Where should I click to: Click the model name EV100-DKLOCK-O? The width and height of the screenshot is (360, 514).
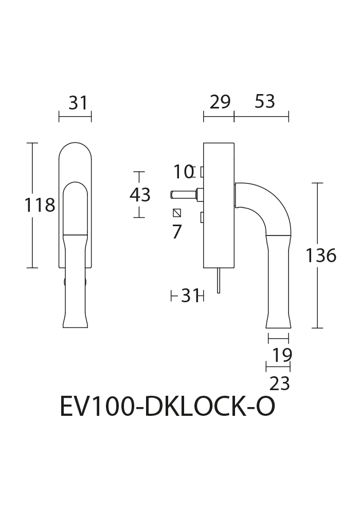(167, 407)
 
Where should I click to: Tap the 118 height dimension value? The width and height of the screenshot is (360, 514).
(40, 206)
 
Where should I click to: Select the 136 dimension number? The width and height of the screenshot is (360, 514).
(320, 255)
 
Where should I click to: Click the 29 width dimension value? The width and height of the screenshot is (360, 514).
(220, 102)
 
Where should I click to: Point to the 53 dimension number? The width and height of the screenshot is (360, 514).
(265, 101)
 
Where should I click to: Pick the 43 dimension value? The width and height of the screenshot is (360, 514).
(140, 195)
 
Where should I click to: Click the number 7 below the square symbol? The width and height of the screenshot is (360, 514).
(177, 232)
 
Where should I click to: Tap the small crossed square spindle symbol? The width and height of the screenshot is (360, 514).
(177, 213)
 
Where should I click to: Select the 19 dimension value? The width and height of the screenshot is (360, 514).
(282, 355)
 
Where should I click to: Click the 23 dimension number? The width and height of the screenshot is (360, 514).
(280, 383)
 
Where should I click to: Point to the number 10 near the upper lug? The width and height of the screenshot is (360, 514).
(183, 172)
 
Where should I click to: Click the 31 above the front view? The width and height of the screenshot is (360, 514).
(78, 103)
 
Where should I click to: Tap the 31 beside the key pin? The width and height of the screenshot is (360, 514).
(190, 297)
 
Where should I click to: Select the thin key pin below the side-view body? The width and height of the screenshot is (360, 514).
(219, 280)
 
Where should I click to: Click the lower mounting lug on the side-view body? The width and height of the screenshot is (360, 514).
(202, 217)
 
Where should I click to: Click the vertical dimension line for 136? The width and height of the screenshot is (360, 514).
(317, 255)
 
